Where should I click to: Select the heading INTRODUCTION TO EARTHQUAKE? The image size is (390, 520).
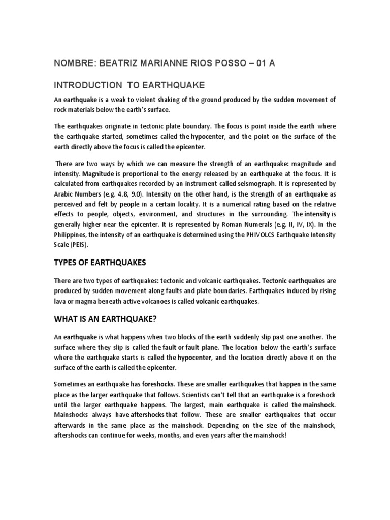click(x=128, y=84)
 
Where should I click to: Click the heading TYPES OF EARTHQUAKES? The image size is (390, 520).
click(x=100, y=262)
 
